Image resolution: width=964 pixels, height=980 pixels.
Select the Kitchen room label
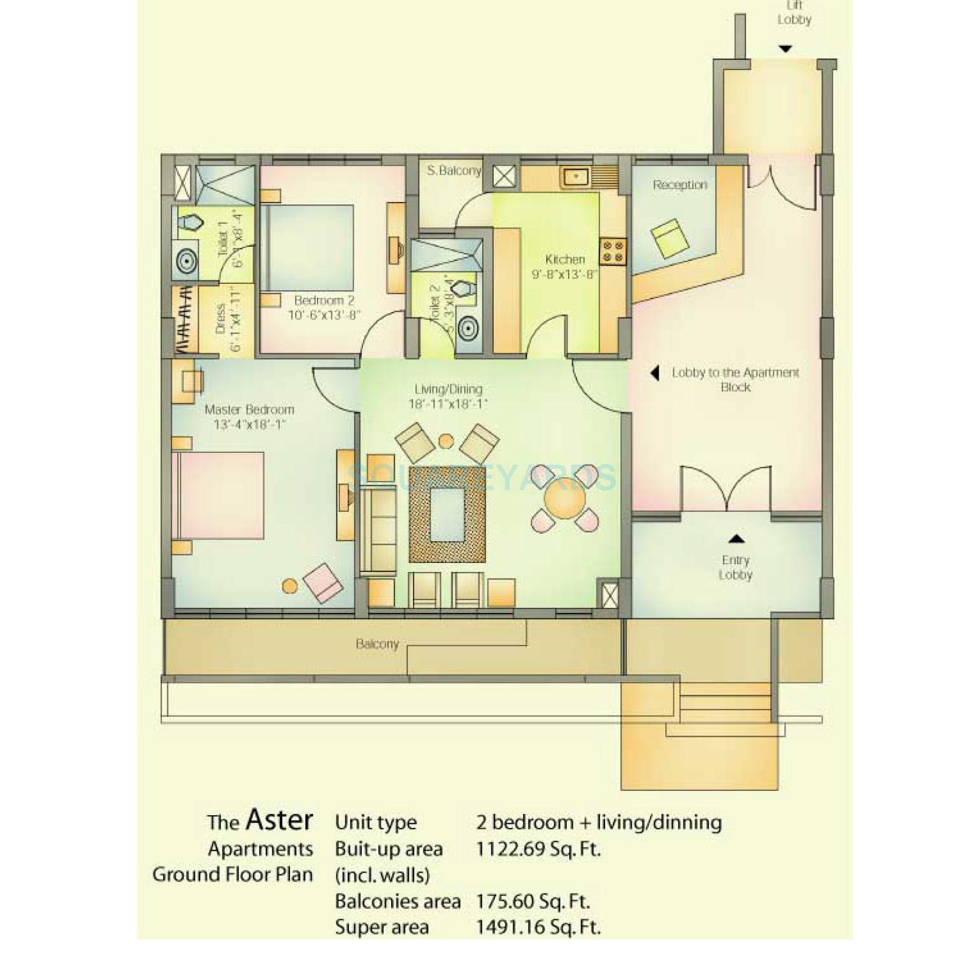click(564, 259)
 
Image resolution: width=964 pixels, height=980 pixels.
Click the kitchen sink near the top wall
click(573, 176)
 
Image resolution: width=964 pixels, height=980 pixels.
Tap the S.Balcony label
click(454, 171)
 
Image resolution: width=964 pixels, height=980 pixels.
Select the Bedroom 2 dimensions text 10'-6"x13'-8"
click(323, 315)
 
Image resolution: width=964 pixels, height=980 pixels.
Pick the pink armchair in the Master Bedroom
click(323, 582)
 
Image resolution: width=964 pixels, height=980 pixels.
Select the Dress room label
click(221, 319)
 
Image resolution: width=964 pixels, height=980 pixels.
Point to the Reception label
click(679, 185)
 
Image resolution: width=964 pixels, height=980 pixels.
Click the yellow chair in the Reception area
click(671, 238)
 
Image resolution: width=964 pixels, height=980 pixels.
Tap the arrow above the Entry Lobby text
click(736, 539)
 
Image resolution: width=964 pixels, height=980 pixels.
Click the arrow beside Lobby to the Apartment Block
click(654, 373)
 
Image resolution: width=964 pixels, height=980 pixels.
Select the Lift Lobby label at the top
click(794, 13)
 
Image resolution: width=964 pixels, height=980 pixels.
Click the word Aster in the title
click(279, 819)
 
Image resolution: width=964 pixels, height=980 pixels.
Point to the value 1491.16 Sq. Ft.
click(538, 927)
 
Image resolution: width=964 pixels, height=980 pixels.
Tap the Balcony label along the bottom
click(377, 644)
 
